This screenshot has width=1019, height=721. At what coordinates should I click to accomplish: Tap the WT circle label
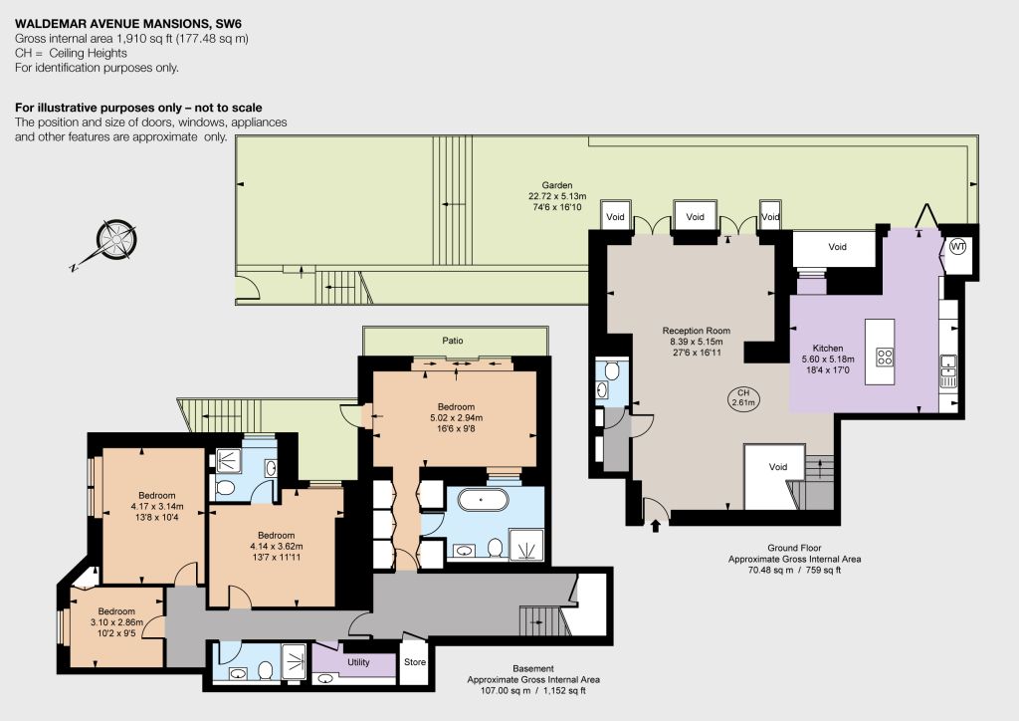click(958, 246)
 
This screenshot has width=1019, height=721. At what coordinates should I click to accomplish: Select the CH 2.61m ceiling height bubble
click(742, 398)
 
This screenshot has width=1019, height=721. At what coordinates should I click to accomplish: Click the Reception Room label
click(696, 331)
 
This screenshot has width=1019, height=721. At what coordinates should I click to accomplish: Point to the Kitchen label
click(827, 348)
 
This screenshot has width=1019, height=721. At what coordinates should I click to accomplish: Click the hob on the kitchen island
click(885, 357)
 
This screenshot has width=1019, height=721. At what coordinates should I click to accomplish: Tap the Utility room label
click(358, 662)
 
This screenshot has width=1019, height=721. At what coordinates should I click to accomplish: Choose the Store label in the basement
click(415, 662)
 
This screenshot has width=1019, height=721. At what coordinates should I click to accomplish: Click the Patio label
click(453, 340)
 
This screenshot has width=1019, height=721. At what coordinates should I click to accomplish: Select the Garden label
click(557, 185)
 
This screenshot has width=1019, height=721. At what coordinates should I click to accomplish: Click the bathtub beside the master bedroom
click(481, 500)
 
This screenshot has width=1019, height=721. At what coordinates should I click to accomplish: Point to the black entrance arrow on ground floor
click(655, 525)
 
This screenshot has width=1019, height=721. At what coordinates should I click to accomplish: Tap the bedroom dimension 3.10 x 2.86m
click(116, 622)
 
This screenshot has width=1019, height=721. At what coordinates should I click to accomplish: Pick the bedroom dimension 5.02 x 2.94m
click(456, 418)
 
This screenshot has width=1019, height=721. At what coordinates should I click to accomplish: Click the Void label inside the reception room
click(778, 467)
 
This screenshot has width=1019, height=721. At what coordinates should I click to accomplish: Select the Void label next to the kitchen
click(837, 246)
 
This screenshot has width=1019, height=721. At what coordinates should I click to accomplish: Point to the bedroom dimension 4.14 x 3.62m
click(277, 546)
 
